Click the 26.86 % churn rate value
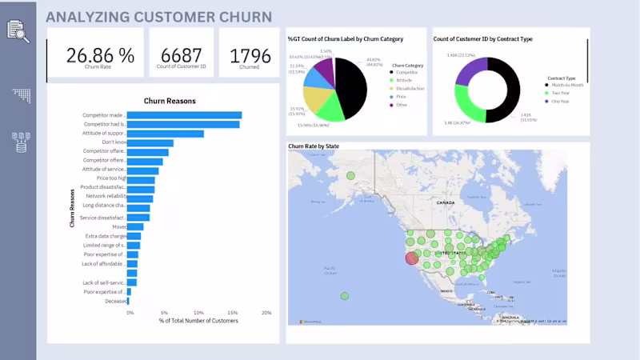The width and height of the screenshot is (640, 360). tap(100, 54)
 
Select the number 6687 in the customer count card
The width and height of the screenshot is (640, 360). tap(181, 55)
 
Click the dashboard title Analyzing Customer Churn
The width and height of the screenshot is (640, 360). tap(158, 17)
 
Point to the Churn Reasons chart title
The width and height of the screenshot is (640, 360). tap(170, 101)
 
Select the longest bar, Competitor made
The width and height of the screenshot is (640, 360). tap(185, 115)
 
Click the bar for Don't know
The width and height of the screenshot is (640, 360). tap(150, 142)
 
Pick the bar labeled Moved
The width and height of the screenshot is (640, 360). tap(136, 226)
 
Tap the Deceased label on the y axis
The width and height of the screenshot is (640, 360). tap(114, 301)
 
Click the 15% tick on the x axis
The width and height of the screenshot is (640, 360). tap(232, 313)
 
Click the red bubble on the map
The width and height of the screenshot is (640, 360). tap(412, 258)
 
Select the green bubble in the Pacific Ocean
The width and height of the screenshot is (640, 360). tap(345, 296)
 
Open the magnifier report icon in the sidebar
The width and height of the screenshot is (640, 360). tap(18, 30)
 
